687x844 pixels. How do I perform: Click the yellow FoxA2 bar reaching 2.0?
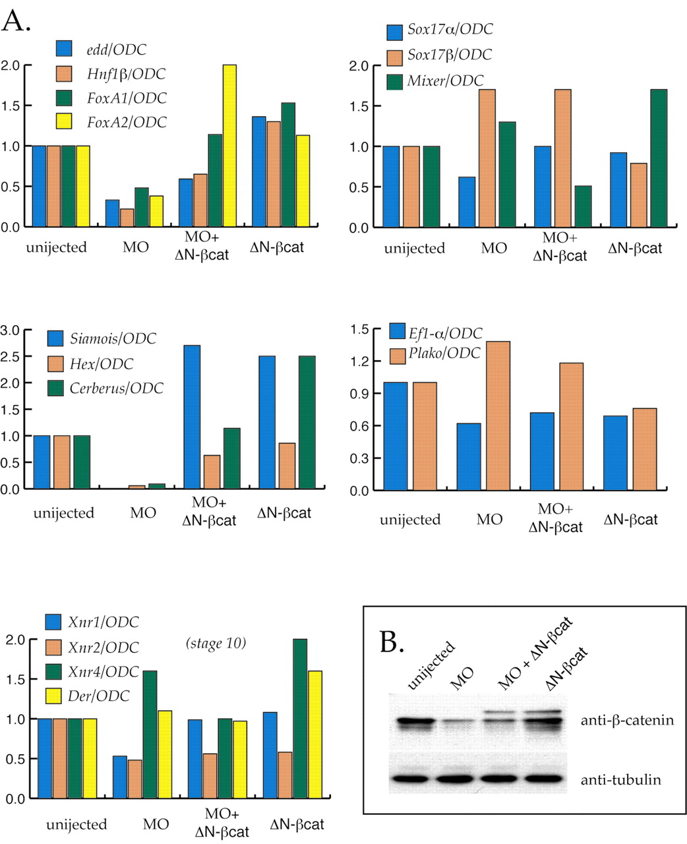point(230,146)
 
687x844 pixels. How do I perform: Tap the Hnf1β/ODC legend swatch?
point(64,74)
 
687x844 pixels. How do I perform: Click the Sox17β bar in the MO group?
point(488,158)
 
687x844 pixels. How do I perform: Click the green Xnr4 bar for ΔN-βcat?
point(301,719)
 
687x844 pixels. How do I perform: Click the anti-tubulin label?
point(620,780)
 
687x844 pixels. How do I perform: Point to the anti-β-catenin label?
point(627,720)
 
